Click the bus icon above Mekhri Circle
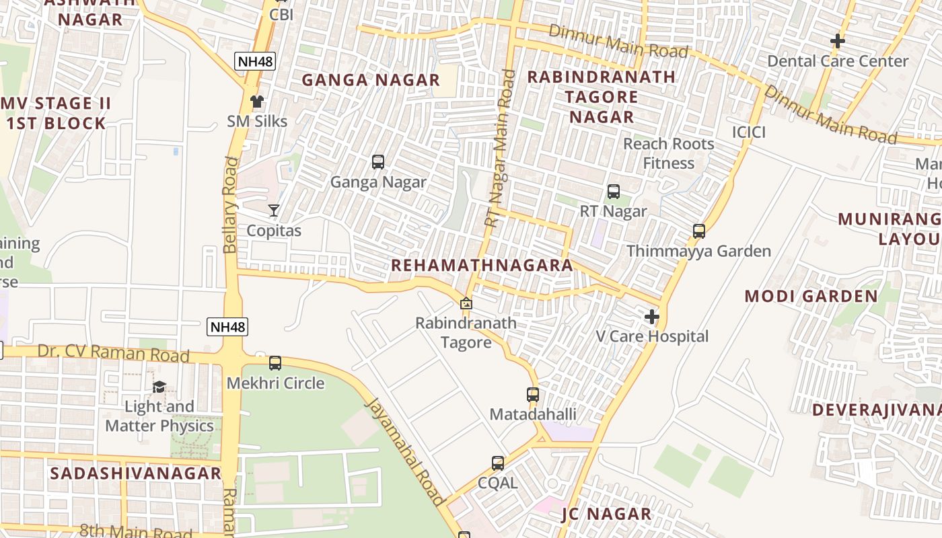coord(275,363)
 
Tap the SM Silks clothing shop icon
coord(256,102)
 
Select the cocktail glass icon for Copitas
coord(274,210)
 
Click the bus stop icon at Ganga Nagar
coord(378,162)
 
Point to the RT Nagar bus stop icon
coord(614,192)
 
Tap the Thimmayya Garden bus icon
coord(699,231)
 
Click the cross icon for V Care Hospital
coord(651,316)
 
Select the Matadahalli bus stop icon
coord(533,395)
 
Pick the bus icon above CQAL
coord(498,463)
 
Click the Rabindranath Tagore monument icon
coord(466,303)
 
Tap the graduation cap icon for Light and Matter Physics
coord(159,387)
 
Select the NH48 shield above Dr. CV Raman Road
coord(228,328)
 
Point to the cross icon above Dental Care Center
coord(837,41)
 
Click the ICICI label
coord(749,132)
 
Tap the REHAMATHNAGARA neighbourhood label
coord(482,265)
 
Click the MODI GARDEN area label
coord(811,296)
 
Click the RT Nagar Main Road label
coord(500,148)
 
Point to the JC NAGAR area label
coord(606,514)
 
